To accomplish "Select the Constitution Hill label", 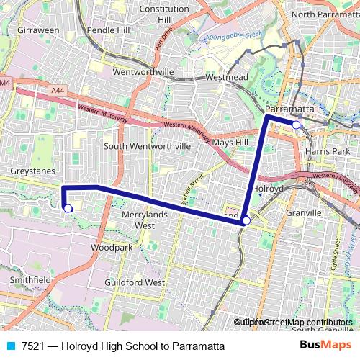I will pyautogui.click(x=163, y=14).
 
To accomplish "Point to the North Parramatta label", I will pyautogui.click(x=323, y=14).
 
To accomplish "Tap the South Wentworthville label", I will pyautogui.click(x=148, y=145).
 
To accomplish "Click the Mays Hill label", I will pyautogui.click(x=231, y=142).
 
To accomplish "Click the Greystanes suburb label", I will pyautogui.click(x=29, y=171).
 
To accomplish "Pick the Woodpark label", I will pyautogui.click(x=112, y=247).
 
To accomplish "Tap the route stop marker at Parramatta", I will pyautogui.click(x=296, y=125).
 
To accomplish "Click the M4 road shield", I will pyautogui.click(x=6, y=83).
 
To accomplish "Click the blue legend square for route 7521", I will pyautogui.click(x=9, y=346).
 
